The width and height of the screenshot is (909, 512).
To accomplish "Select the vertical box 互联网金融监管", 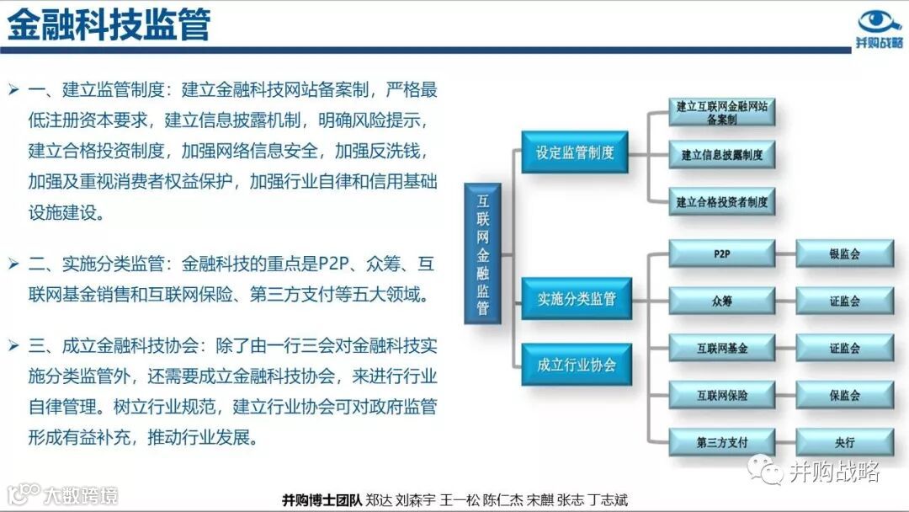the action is pyautogui.click(x=482, y=253).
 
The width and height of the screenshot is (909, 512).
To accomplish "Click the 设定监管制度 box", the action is pyautogui.click(x=575, y=152).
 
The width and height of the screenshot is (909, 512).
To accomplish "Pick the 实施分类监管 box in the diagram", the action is pyautogui.click(x=577, y=298).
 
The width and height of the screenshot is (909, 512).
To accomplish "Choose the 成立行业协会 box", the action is pyautogui.click(x=577, y=365).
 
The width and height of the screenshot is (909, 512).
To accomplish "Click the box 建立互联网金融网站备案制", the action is pyautogui.click(x=721, y=112).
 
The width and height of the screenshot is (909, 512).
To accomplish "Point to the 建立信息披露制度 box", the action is pyautogui.click(x=721, y=155).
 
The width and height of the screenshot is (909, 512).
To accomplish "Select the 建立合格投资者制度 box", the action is pyautogui.click(x=721, y=202).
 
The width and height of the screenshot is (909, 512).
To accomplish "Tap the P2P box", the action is pyautogui.click(x=721, y=253).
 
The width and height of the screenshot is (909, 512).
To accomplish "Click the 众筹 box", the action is pyautogui.click(x=721, y=301).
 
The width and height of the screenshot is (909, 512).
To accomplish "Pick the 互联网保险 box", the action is pyautogui.click(x=721, y=394).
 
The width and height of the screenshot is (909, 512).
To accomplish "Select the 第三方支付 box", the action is pyautogui.click(x=721, y=441).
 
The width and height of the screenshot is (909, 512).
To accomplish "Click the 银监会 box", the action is pyautogui.click(x=844, y=253).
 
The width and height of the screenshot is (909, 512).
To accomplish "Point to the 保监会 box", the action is pyautogui.click(x=844, y=394).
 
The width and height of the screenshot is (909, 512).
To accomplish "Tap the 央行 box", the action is pyautogui.click(x=844, y=441).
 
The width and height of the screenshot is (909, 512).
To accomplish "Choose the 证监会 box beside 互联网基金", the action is pyautogui.click(x=844, y=347).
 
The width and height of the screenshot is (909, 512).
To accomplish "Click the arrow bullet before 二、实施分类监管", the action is pyautogui.click(x=13, y=264).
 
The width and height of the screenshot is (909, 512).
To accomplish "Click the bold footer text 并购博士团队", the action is pyautogui.click(x=322, y=499).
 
